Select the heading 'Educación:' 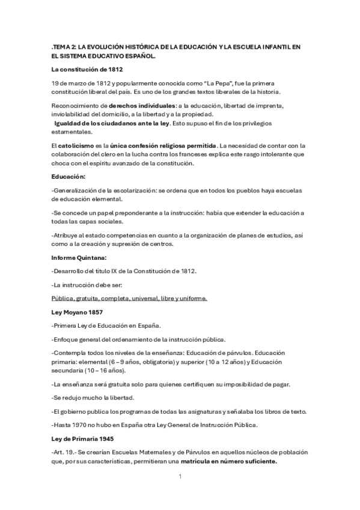pos(69,176)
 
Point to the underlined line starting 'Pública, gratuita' pos(129,298)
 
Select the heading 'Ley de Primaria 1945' pos(83,440)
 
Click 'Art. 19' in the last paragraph pos(64,453)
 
